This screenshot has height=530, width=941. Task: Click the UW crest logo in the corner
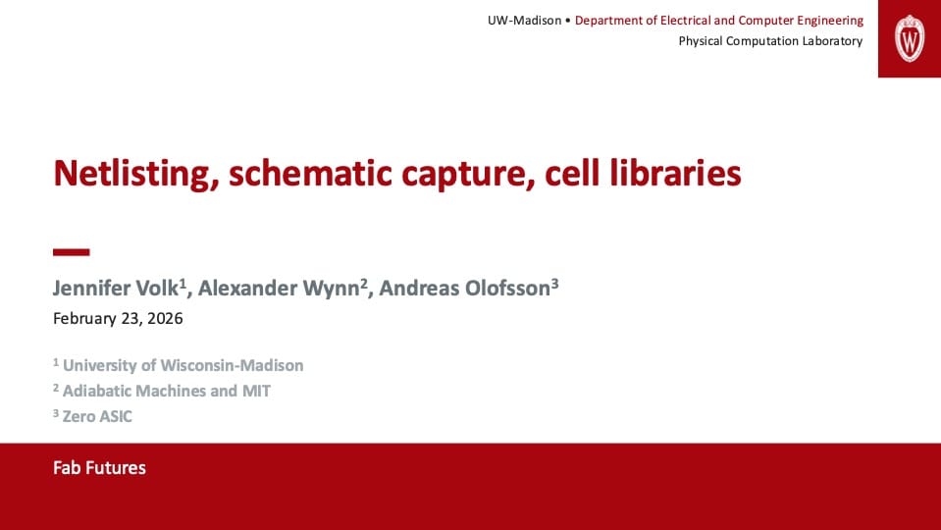click(910, 38)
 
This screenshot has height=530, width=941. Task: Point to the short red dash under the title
click(71, 252)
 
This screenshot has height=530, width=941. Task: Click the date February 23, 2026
click(118, 318)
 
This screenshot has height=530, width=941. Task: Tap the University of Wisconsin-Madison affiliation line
click(183, 365)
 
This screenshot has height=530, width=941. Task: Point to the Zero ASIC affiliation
click(97, 416)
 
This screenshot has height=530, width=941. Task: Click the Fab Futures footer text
click(99, 467)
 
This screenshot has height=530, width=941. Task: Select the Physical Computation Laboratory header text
click(770, 41)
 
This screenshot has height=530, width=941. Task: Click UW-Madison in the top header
click(525, 21)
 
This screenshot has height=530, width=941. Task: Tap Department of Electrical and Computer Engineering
click(719, 21)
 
